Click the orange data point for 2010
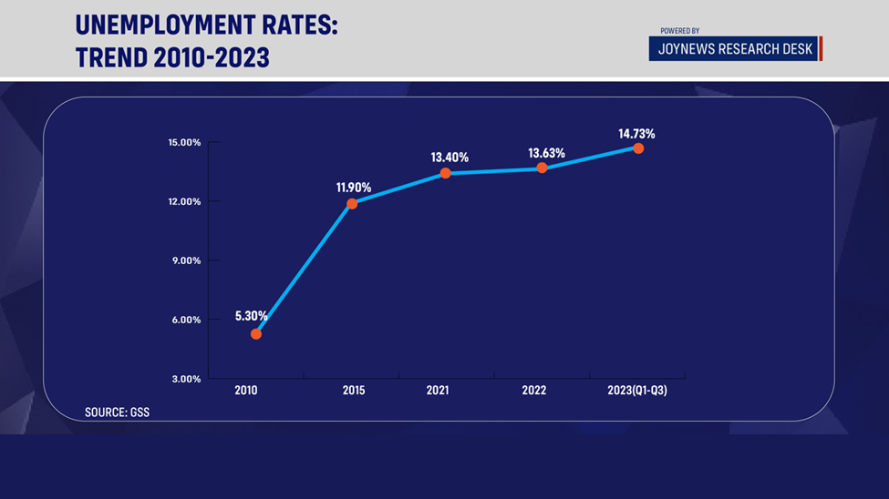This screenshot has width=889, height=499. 256,334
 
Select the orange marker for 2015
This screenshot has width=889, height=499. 352,203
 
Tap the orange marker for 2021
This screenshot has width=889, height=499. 445,173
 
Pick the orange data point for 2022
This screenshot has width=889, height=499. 542,168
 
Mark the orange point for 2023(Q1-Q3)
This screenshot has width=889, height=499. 638,148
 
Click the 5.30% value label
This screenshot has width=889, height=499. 251,316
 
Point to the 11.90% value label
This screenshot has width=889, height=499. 354,188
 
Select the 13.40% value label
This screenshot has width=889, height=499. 449,158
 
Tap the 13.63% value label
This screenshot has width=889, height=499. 546,153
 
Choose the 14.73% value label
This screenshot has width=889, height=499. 636,134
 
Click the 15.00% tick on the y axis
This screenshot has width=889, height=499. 184,142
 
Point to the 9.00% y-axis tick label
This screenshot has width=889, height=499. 186,260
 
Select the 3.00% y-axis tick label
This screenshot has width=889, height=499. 186,379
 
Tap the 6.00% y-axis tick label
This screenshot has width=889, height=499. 186,320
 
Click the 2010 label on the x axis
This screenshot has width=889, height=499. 246,391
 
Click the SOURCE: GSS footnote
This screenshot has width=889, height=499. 117,412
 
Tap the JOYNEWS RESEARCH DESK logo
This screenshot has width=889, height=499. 735,49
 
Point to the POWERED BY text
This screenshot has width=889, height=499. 680,31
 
